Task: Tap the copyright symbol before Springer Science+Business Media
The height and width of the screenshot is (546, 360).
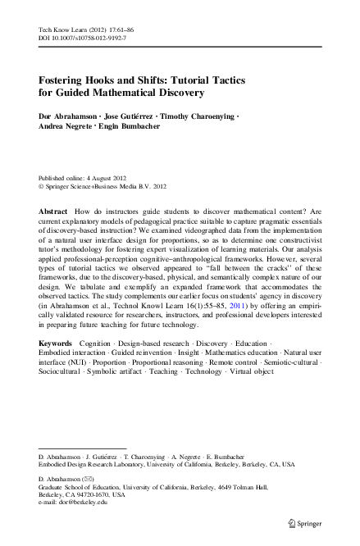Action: [42, 186]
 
